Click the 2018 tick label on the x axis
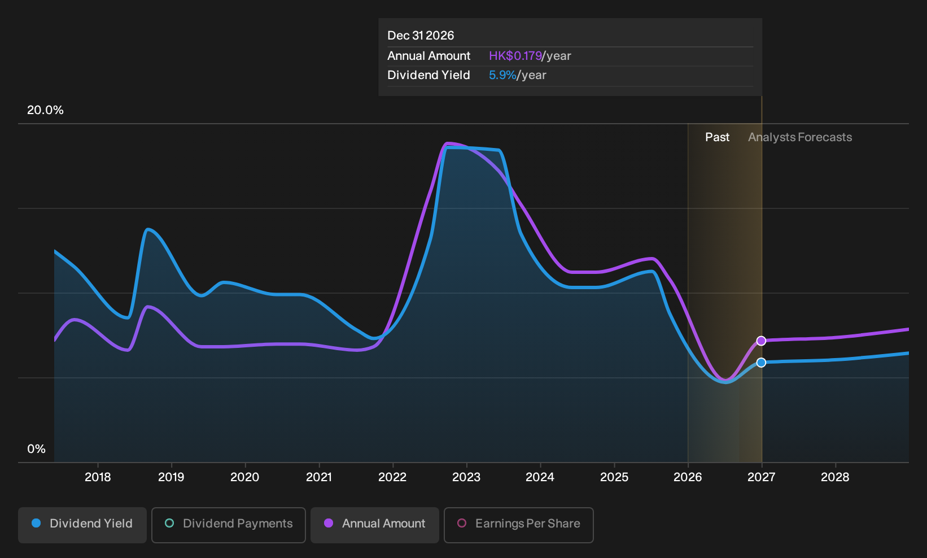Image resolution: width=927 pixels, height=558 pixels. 98,477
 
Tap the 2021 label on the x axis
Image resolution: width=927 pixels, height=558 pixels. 318,477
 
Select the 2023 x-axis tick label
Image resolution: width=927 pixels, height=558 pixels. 466,477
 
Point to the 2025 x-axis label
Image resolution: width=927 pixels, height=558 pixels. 614,477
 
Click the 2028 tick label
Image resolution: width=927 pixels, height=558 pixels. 835,477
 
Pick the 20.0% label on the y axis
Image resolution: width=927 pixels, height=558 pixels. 45,110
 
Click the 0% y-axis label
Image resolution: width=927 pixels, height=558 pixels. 37,449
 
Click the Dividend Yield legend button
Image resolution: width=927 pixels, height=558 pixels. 82,525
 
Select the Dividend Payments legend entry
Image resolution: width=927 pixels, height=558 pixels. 229,525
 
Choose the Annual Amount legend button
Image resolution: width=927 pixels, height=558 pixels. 374,525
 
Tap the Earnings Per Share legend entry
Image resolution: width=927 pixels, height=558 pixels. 518,525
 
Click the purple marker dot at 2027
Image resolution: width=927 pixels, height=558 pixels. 761,341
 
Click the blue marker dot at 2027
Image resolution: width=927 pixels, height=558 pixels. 761,363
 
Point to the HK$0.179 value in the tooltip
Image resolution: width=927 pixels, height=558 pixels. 515,56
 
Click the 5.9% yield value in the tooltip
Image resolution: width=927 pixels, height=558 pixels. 502,75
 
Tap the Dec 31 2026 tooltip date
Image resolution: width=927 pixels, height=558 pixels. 421,36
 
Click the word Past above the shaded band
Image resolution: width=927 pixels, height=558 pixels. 717,137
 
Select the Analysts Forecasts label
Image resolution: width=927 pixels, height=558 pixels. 800,137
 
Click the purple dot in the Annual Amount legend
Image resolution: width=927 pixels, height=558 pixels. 329,523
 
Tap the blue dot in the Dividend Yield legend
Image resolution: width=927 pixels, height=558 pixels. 37,523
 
